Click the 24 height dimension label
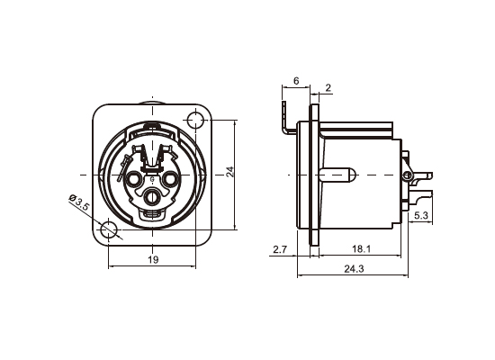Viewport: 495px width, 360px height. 230,172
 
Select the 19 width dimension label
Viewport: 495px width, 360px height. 153,260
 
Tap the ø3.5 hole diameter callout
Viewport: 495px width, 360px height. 79,202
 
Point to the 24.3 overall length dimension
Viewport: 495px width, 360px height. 354,269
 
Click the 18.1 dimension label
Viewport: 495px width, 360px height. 361,249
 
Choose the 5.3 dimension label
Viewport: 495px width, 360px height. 421,216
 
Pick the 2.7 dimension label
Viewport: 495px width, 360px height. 280,249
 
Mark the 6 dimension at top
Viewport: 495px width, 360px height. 296,81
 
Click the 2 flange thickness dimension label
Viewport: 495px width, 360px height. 328,87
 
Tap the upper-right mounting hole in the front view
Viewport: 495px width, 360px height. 195,121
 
